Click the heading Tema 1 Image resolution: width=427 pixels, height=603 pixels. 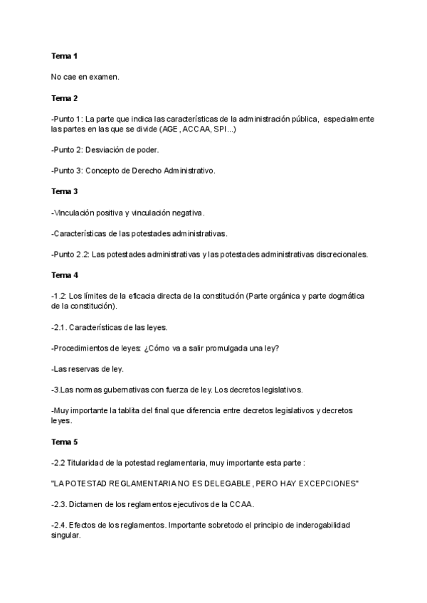(64, 55)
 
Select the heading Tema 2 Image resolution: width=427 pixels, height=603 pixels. (64, 97)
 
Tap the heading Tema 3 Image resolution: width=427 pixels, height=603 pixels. (64, 191)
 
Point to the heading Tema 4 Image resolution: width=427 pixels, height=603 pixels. (64, 274)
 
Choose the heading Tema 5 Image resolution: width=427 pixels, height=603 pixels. (64, 442)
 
